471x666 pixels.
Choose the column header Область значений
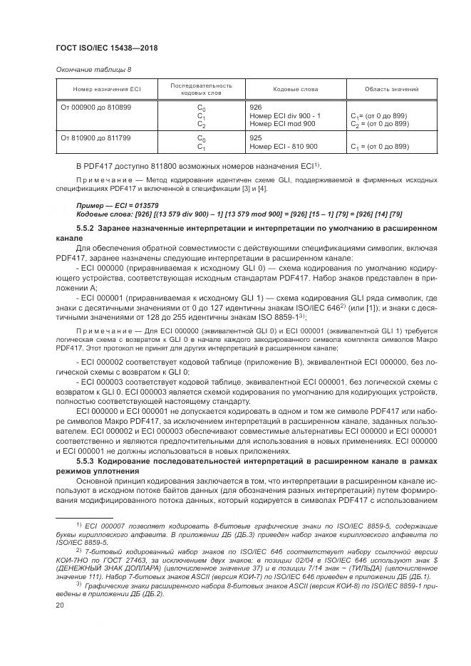(x=391, y=89)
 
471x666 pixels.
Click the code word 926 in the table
(x=257, y=107)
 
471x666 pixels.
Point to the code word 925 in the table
(x=257, y=137)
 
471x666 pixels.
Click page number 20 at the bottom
(x=60, y=605)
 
